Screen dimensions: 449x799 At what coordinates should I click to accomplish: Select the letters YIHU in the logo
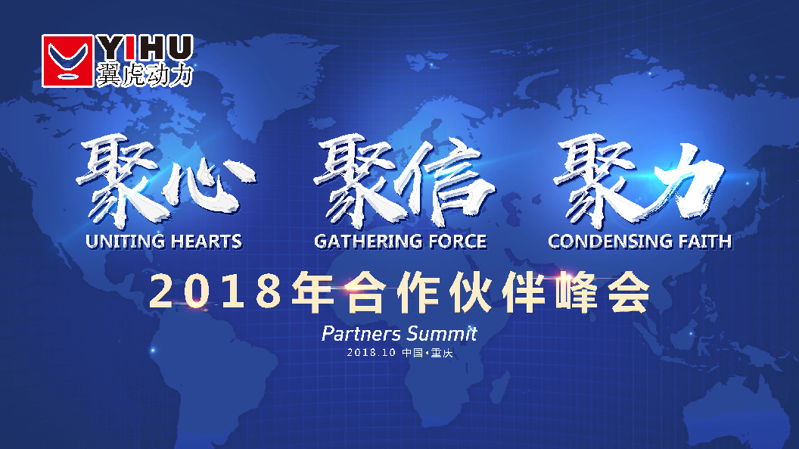(145, 48)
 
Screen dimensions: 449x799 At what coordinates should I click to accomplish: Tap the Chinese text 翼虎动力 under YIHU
(145, 74)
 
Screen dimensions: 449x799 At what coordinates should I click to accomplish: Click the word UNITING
(125, 242)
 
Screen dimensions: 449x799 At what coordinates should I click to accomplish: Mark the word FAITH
(703, 242)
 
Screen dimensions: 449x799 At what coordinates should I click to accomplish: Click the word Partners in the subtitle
(359, 333)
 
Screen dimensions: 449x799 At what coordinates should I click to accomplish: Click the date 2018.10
(372, 354)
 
